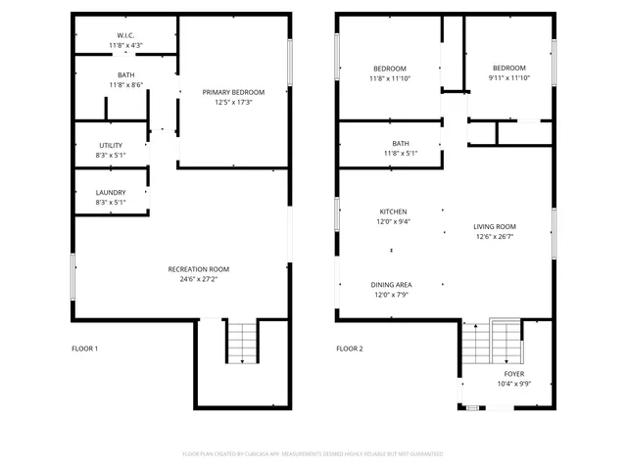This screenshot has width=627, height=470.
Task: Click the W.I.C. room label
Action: tap(125, 35)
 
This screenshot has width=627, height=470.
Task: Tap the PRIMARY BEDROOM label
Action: tap(233, 92)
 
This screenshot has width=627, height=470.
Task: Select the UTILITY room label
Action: tap(111, 146)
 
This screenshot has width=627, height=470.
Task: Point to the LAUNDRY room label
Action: tap(111, 192)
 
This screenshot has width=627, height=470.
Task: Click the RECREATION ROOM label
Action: tap(198, 269)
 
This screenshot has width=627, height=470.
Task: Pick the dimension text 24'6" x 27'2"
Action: tap(198, 279)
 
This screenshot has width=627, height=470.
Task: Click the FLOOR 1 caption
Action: tap(85, 349)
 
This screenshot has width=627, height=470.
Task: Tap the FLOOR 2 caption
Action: tap(349, 349)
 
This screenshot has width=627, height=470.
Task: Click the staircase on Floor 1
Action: tap(241, 343)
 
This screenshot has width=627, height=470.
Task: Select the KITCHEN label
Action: tap(393, 211)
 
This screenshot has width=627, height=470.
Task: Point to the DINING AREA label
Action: tap(391, 285)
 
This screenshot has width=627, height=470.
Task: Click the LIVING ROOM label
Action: tap(495, 226)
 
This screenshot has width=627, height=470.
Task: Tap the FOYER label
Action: tap(514, 374)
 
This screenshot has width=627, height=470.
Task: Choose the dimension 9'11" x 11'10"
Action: tap(508, 78)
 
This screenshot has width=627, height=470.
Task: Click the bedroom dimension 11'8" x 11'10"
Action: tap(390, 78)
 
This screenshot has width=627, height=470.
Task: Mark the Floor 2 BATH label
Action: tap(401, 144)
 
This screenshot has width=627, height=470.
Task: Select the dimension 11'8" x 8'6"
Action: tap(125, 85)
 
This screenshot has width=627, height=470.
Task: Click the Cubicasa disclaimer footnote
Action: tap(313, 454)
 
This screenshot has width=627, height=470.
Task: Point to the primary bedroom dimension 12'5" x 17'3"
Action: tap(233, 102)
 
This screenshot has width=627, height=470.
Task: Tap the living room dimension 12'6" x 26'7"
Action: tap(495, 236)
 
